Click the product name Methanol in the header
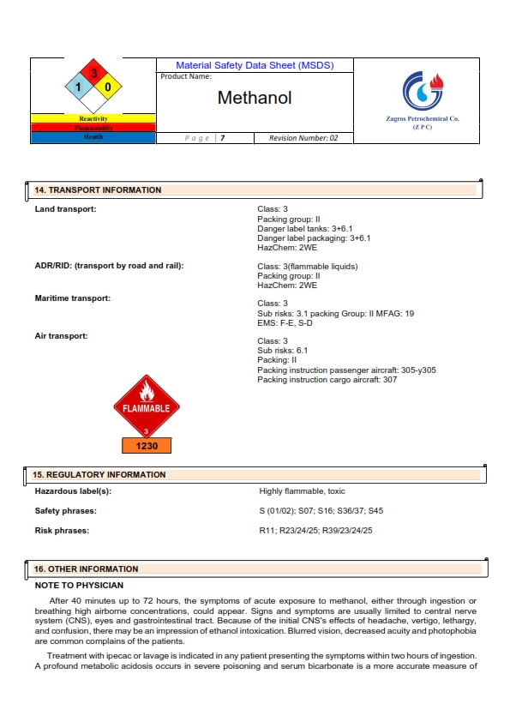point(255,98)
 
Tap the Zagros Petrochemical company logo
point(423,88)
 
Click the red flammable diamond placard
point(146,406)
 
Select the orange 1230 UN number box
point(146,446)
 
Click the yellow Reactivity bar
point(93,118)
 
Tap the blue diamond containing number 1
point(78,87)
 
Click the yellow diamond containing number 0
point(108,87)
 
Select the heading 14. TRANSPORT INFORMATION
point(98,190)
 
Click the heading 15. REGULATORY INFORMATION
point(99,474)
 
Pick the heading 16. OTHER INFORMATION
point(86,569)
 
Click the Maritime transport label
point(73,298)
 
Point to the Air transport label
point(61,336)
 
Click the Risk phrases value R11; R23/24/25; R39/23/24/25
point(315,531)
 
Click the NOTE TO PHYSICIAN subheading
point(79,586)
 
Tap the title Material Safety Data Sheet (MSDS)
point(255,65)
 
